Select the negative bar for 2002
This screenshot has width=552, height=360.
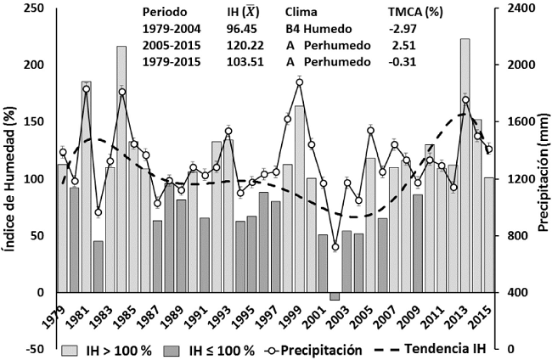tap(335, 295)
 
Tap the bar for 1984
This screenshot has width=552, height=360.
tap(121, 170)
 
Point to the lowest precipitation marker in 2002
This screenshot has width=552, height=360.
tap(335, 247)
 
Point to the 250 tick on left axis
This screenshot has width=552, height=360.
tap(35, 8)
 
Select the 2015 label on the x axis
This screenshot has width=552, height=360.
tap(484, 316)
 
